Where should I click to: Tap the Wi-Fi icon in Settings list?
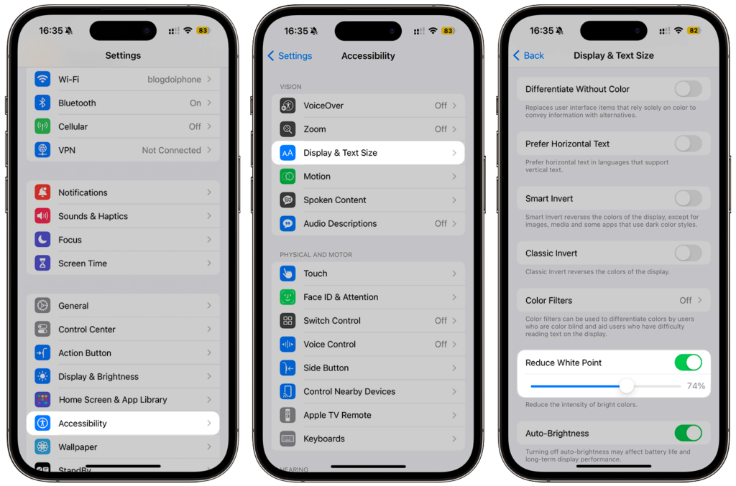click(42, 79)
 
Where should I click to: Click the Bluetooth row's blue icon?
click(42, 103)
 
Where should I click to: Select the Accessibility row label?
click(83, 424)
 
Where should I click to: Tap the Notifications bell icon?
click(42, 192)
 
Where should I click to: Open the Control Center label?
click(87, 330)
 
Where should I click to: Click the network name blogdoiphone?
click(175, 80)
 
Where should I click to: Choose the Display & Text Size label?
click(340, 153)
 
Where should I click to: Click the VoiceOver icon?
click(287, 106)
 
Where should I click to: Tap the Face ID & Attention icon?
click(287, 297)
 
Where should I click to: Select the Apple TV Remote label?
click(337, 415)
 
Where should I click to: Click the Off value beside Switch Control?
click(441, 321)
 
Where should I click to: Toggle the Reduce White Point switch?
click(688, 363)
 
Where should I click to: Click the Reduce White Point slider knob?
click(627, 386)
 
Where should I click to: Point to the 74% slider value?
click(696, 386)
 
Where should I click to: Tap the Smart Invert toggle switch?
click(688, 199)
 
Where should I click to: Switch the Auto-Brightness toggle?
click(688, 434)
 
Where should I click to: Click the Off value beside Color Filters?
click(686, 301)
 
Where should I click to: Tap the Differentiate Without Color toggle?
click(688, 89)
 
